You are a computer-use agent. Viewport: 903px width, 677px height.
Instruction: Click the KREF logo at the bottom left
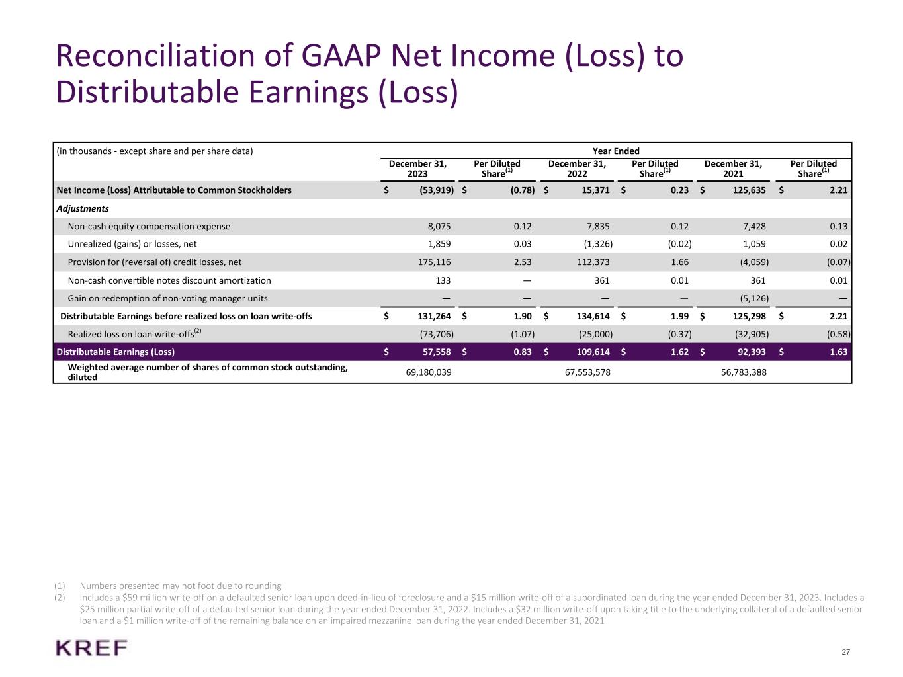click(x=92, y=648)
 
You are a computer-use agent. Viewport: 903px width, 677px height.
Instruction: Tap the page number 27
click(x=845, y=652)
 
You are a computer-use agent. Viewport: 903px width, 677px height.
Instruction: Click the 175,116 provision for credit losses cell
click(x=433, y=262)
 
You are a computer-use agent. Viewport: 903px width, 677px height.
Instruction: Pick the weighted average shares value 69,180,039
click(x=429, y=372)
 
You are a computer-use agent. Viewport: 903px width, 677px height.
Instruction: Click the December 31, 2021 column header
click(x=733, y=169)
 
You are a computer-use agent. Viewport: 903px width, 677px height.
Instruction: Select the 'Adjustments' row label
click(x=83, y=208)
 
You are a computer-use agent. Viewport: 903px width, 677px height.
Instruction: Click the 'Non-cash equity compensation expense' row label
click(x=149, y=226)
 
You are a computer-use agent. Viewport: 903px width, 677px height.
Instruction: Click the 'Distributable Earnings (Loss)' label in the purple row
click(x=116, y=352)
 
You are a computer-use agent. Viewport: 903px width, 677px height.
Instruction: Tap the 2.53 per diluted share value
click(x=523, y=262)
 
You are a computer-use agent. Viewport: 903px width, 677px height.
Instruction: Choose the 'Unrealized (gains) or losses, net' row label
click(x=132, y=244)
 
